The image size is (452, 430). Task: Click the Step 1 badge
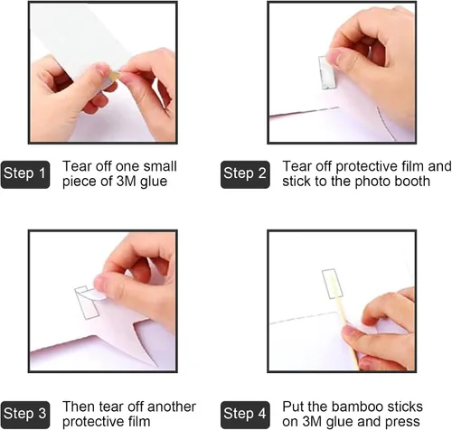(25, 174)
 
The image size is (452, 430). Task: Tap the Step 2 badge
(245, 174)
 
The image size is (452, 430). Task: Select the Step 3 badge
(25, 415)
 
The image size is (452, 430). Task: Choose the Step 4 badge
(245, 415)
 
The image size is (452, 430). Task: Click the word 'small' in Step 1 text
(160, 166)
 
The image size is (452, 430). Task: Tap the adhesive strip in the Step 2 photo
(326, 74)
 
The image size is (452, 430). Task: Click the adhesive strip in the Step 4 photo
(333, 284)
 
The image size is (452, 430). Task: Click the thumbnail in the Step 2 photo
(334, 56)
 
